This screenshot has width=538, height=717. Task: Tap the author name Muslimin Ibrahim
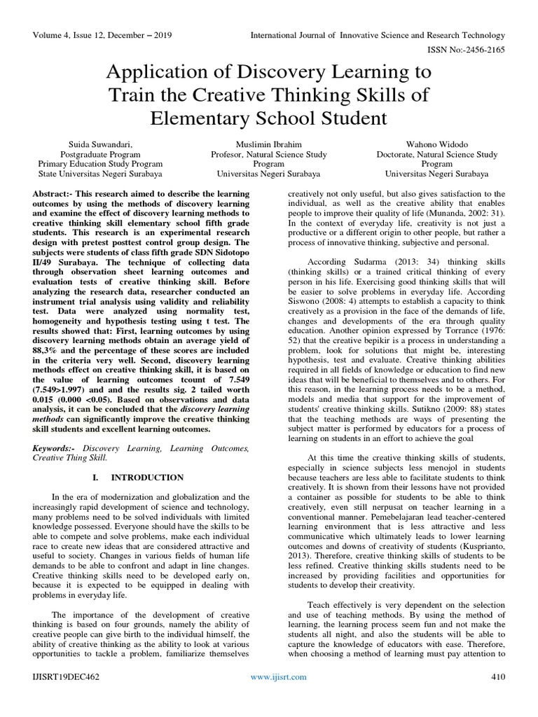[269, 144]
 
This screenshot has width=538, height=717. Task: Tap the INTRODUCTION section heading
[147, 478]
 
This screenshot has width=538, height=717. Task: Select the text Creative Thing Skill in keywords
[71, 457]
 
